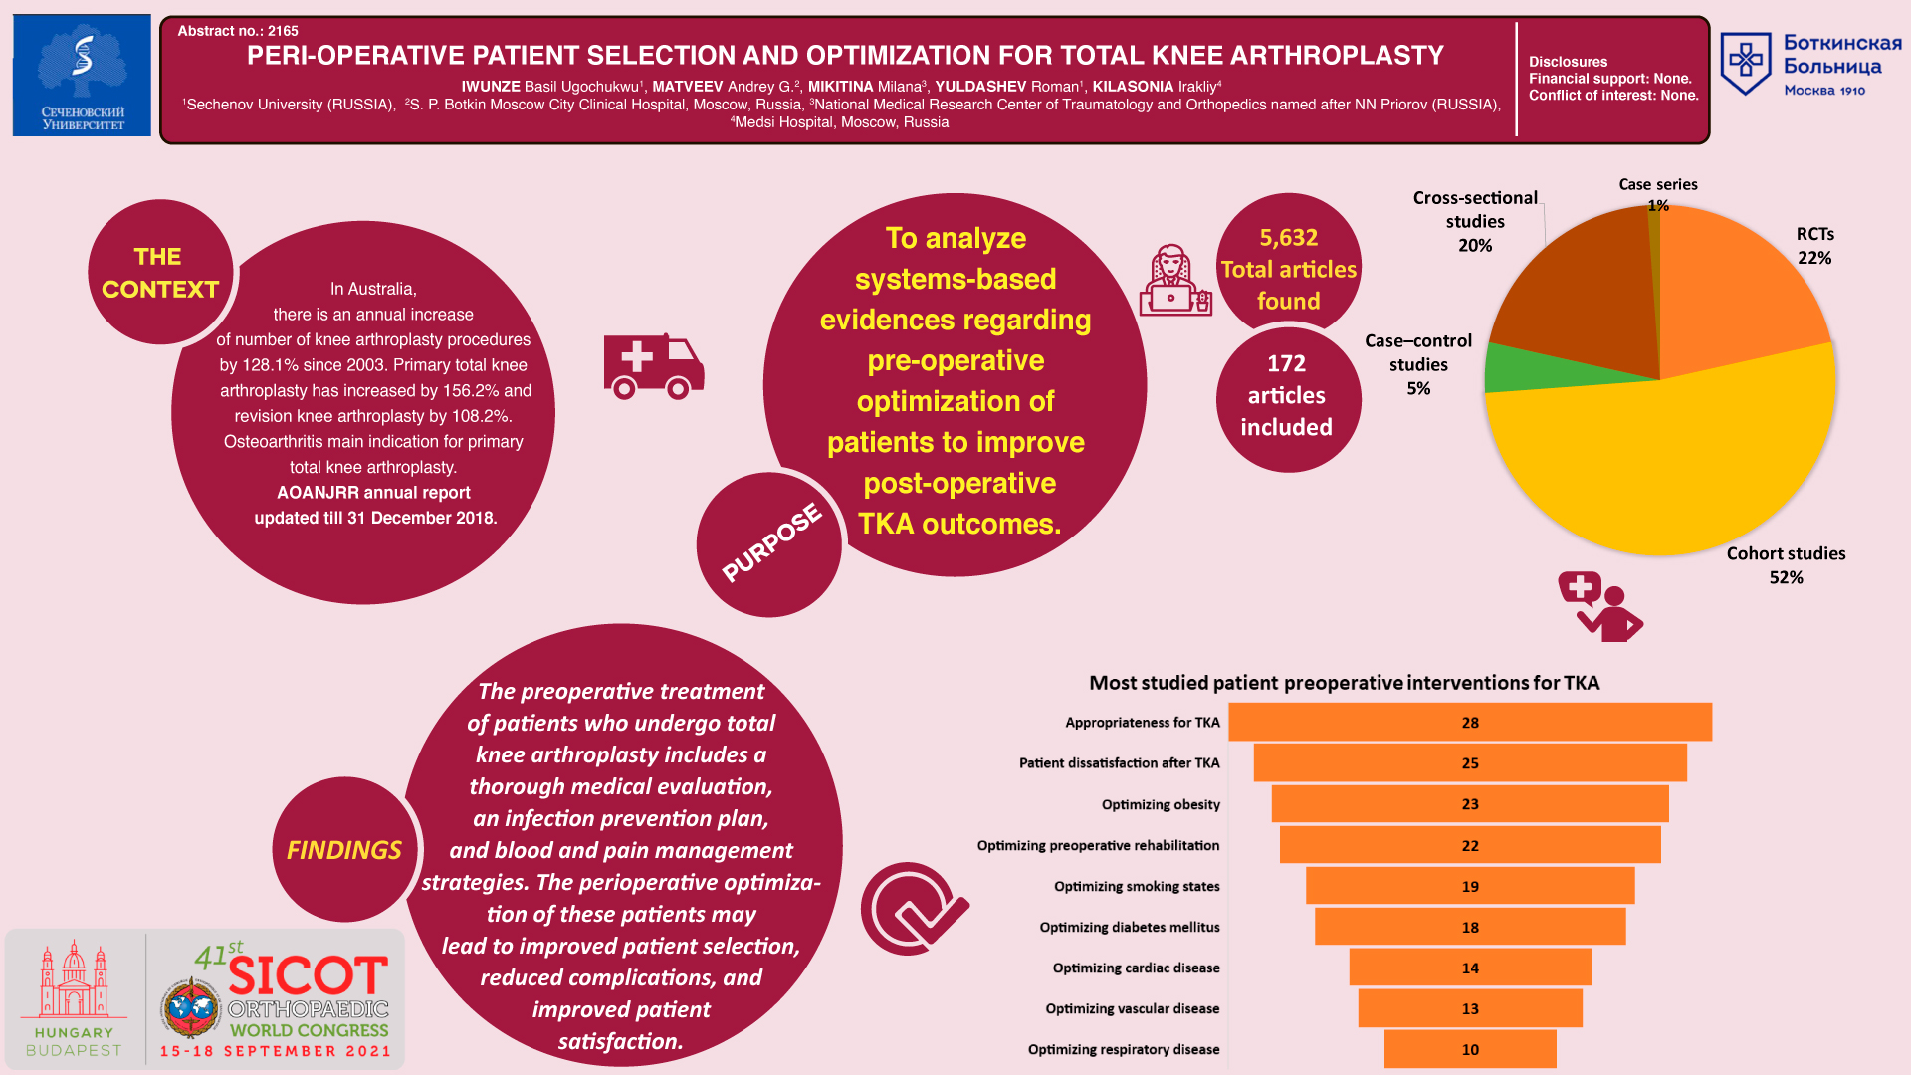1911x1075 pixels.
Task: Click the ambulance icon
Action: tap(654, 366)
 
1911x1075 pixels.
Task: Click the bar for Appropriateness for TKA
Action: tap(1470, 722)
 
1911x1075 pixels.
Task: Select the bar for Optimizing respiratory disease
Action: tap(1470, 1049)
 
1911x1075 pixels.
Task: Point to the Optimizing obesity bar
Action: tap(1470, 804)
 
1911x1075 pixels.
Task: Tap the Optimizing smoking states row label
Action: tap(1137, 886)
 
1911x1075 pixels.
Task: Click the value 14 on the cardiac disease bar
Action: tap(1470, 967)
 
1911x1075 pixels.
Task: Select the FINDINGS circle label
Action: tap(344, 850)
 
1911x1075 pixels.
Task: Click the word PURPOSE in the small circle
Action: tap(771, 541)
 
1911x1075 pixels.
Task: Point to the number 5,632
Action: tap(1289, 238)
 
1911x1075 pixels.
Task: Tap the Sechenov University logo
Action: tap(82, 76)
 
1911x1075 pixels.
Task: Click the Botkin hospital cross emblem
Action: tap(1746, 63)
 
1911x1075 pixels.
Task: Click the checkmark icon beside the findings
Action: tap(914, 909)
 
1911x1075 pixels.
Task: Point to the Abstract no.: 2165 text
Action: tap(238, 31)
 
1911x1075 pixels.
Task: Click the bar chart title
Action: tap(1344, 683)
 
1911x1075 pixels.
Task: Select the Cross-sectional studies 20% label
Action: tap(1475, 221)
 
